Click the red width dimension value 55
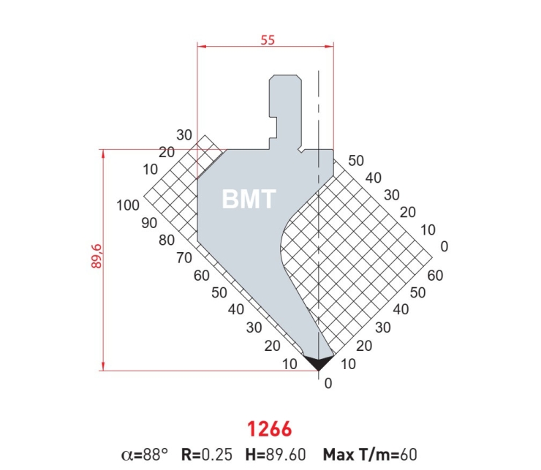[x=268, y=40]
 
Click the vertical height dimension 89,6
[x=97, y=256]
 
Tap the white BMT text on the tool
[x=249, y=199]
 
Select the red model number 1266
[x=270, y=428]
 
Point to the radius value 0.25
[x=217, y=455]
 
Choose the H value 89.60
[x=286, y=455]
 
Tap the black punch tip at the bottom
[x=318, y=363]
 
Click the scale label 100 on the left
[x=128, y=205]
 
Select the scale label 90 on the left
[x=149, y=223]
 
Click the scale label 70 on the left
[x=184, y=258]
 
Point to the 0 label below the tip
[x=328, y=384]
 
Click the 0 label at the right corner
[x=444, y=246]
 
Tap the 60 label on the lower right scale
[x=435, y=276]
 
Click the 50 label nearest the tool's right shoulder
[x=356, y=161]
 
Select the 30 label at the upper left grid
[x=184, y=135]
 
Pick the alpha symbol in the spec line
[x=127, y=455]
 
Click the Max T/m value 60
[x=409, y=455]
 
